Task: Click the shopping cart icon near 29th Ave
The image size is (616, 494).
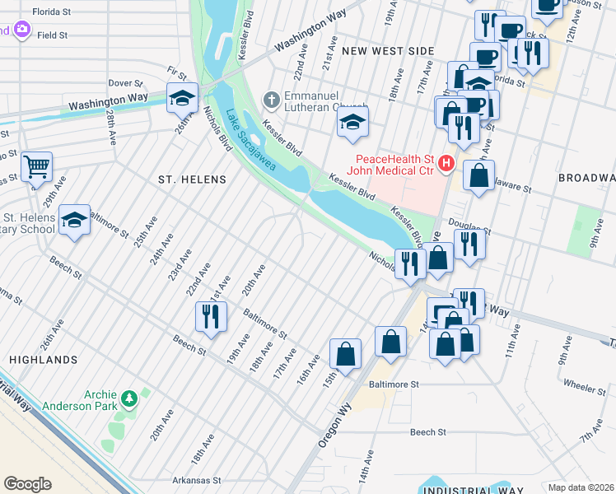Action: pos(36,167)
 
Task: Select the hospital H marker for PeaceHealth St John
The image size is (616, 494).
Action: pos(446,164)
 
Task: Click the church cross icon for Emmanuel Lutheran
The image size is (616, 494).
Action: pos(270,100)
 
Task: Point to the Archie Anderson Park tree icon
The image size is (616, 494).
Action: pos(128,399)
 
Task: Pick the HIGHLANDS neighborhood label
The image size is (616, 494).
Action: pos(44,360)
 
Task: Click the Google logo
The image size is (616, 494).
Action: pos(27,484)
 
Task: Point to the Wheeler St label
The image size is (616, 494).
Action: pos(585,384)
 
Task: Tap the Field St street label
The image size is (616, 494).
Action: pos(52,35)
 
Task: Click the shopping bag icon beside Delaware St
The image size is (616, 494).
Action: pos(478,175)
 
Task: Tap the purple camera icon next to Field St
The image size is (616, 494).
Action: pos(21,30)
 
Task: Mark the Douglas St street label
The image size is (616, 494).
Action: pos(469,226)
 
